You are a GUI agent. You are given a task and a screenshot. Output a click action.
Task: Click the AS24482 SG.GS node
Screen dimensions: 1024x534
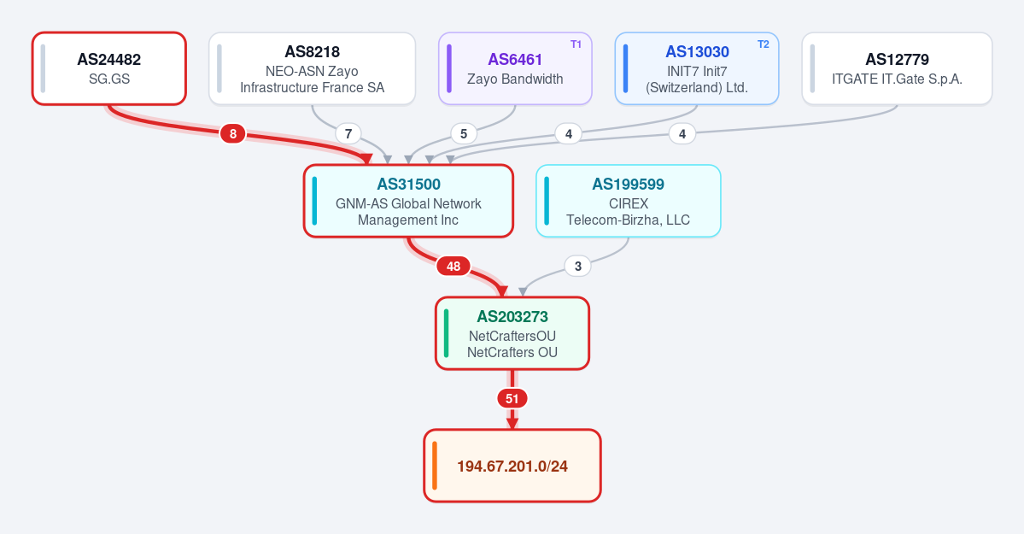click(109, 68)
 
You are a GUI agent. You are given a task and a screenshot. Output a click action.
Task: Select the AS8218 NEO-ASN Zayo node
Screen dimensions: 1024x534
click(313, 68)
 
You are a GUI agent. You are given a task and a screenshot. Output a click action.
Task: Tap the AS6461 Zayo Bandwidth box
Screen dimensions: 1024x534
click(515, 68)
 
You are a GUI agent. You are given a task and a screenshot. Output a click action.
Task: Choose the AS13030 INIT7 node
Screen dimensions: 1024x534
click(697, 68)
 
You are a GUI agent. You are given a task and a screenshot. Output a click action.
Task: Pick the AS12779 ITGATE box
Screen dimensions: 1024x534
click(897, 68)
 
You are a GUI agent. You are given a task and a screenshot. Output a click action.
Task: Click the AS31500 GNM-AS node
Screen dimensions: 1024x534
click(408, 201)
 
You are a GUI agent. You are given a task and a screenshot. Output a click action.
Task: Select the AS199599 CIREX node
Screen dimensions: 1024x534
click(629, 201)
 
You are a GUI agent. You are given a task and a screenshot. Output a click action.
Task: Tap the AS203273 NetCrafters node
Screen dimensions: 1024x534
click(512, 333)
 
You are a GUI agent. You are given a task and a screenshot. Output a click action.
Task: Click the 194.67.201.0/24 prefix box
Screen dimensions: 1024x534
click(512, 466)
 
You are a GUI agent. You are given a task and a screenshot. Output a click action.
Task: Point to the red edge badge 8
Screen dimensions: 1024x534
click(232, 134)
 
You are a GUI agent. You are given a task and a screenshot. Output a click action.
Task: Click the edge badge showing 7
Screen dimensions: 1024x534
click(348, 134)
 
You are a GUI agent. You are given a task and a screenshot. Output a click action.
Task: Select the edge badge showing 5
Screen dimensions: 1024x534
click(464, 134)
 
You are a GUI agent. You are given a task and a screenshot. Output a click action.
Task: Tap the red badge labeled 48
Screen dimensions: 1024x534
click(453, 266)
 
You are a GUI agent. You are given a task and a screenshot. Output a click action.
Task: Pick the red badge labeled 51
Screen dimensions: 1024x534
click(512, 399)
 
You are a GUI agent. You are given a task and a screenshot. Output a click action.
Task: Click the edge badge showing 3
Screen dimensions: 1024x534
click(577, 266)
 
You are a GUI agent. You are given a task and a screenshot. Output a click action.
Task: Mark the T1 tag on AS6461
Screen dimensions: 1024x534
click(576, 44)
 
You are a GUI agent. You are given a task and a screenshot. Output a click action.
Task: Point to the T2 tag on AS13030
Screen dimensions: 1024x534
click(763, 44)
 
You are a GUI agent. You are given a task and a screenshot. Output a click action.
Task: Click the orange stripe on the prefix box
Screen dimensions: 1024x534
click(435, 466)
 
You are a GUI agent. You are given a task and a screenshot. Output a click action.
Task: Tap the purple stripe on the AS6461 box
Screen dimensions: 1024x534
click(449, 68)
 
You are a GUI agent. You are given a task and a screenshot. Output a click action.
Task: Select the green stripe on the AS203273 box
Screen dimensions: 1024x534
click(447, 333)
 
